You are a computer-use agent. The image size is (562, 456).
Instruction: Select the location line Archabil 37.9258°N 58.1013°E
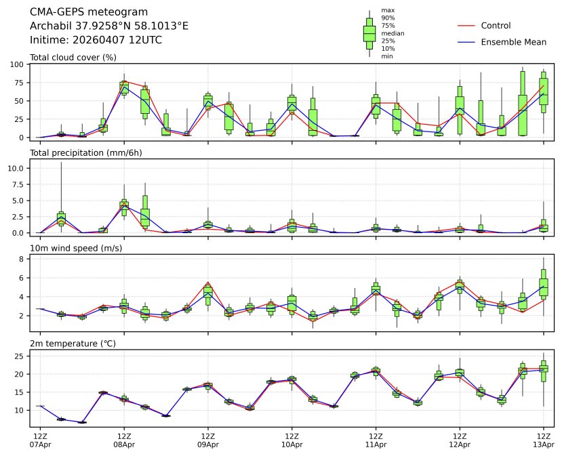click(x=109, y=26)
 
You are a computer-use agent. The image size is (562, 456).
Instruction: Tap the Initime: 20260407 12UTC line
click(x=96, y=39)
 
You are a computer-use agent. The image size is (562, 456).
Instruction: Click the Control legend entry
click(x=496, y=26)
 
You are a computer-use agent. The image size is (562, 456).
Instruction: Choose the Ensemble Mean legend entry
click(x=513, y=42)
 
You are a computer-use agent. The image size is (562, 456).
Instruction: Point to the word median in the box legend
click(x=393, y=33)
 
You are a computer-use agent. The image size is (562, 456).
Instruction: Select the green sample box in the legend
click(x=369, y=33)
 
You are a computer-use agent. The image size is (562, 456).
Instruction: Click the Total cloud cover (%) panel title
click(x=73, y=58)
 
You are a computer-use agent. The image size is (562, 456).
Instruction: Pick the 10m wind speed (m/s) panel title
click(x=76, y=249)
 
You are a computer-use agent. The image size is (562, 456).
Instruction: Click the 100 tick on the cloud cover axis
click(x=18, y=64)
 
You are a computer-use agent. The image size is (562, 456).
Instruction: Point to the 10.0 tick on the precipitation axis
click(x=18, y=167)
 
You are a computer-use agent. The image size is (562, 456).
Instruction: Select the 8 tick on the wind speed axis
click(x=22, y=259)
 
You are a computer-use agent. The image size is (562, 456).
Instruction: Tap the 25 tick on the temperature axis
click(x=20, y=356)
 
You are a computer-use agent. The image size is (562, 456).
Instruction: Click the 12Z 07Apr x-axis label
click(x=40, y=440)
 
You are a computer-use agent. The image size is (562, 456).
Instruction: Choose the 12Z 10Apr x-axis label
click(x=292, y=440)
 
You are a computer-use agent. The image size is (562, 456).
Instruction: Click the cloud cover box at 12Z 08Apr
click(x=124, y=87)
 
